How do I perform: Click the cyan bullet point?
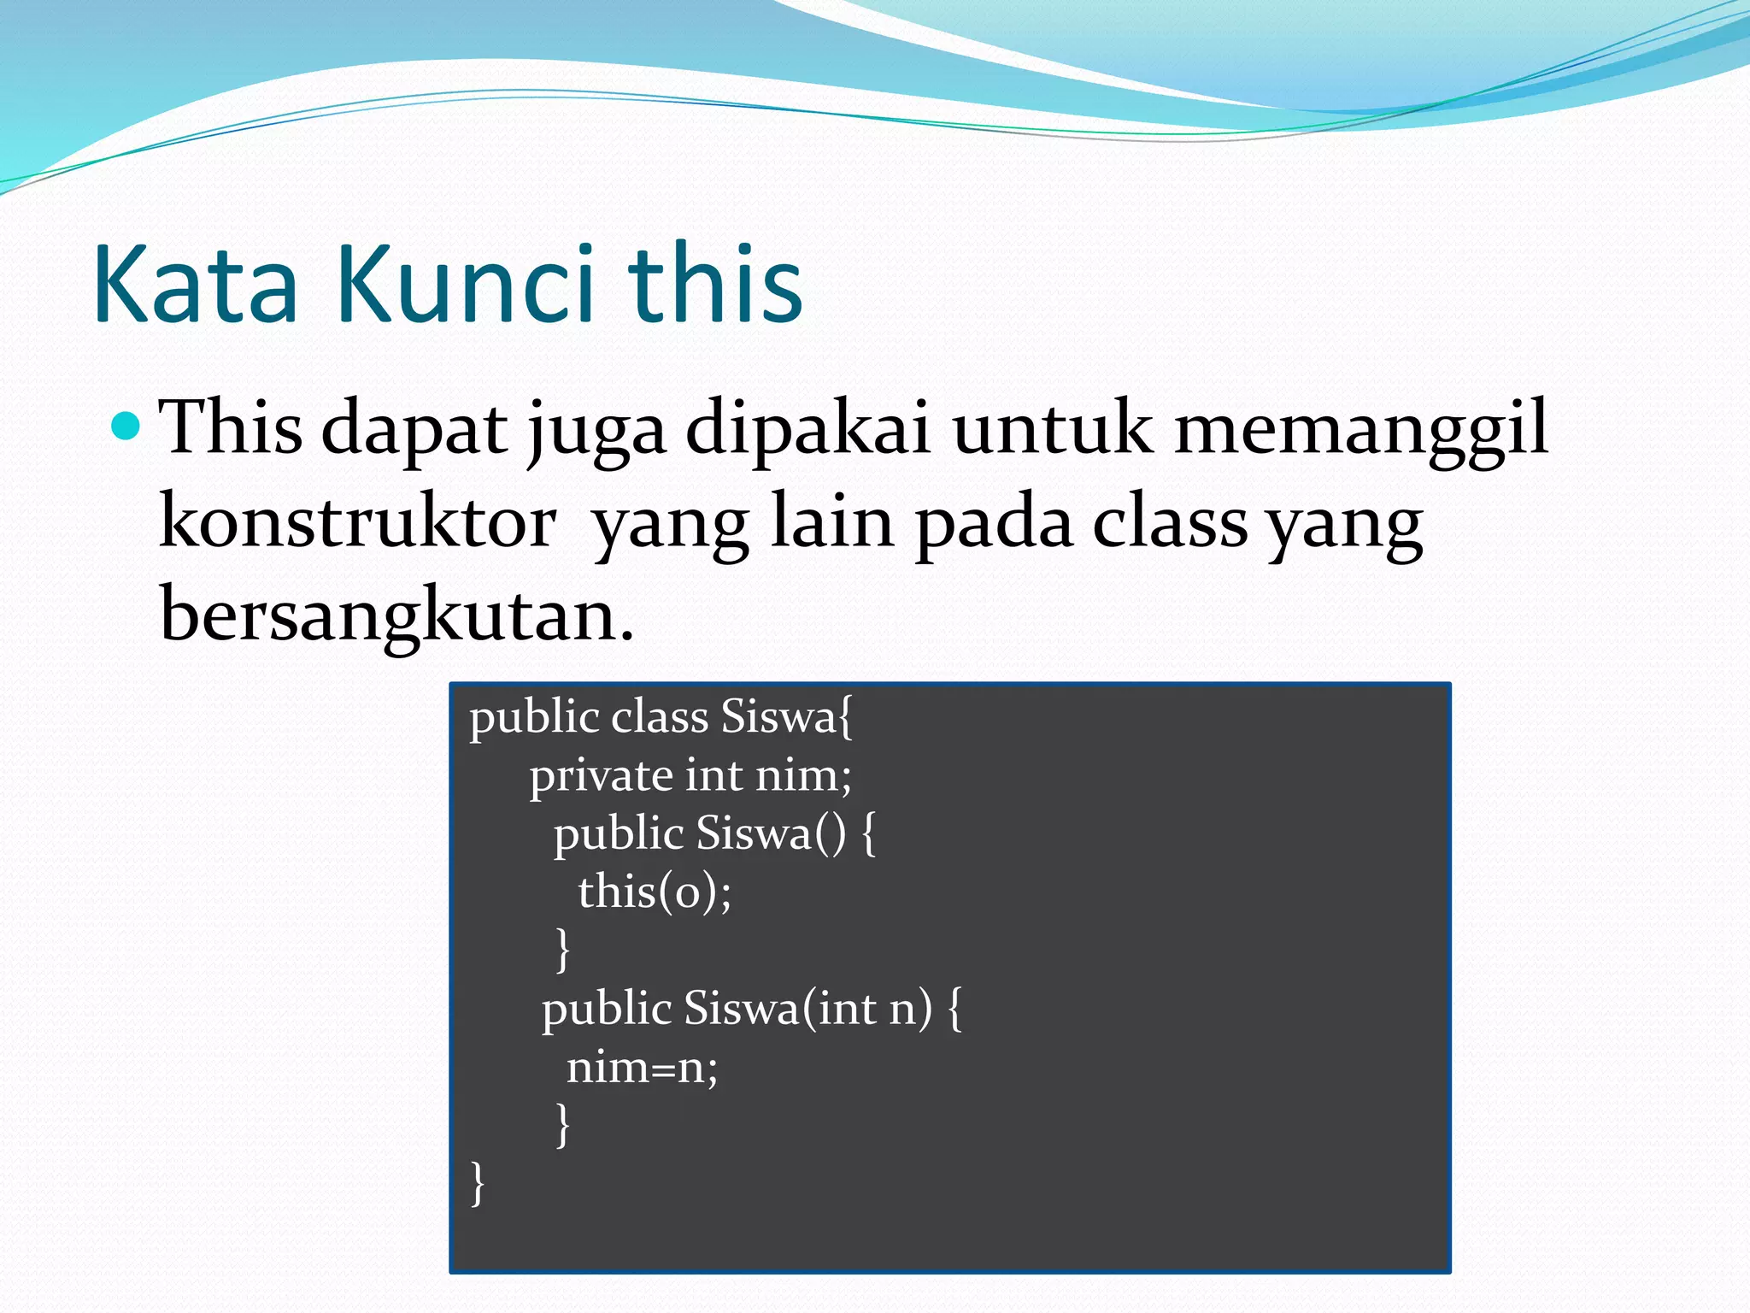126,424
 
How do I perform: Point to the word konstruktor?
358,523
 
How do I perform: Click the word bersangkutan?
397,615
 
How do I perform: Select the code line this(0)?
655,892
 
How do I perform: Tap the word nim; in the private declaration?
803,776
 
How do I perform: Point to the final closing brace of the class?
478,1183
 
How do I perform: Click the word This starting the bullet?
231,427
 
